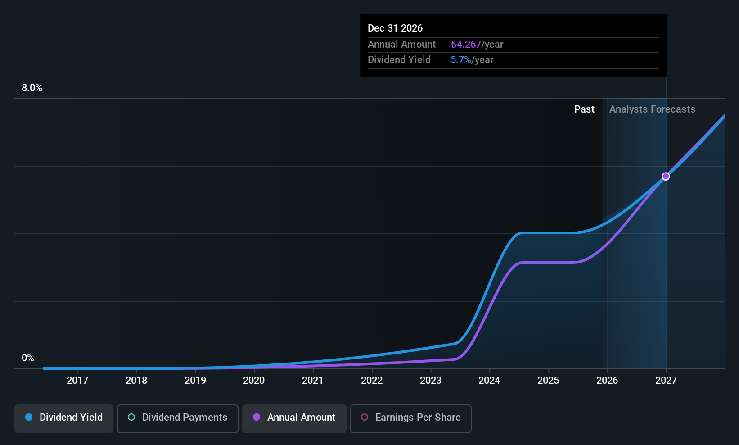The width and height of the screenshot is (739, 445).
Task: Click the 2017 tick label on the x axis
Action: [x=77, y=380]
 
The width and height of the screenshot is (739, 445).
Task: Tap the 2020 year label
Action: [x=254, y=380]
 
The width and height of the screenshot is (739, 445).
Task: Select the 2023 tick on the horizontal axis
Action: [x=431, y=380]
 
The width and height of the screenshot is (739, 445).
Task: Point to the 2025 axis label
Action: [x=548, y=380]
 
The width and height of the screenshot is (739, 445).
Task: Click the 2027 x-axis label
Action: [x=666, y=380]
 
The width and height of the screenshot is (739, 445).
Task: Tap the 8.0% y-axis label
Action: [x=32, y=88]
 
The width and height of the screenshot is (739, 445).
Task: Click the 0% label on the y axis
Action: [x=28, y=358]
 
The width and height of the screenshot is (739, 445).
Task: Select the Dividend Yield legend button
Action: [x=64, y=418]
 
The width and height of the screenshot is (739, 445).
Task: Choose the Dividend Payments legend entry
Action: [x=178, y=418]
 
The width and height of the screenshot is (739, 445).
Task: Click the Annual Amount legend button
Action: [x=294, y=418]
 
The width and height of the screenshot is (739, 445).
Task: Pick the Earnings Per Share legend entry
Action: [x=411, y=418]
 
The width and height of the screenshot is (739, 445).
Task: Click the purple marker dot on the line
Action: [x=666, y=177]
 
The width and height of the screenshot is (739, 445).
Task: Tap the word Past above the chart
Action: [x=584, y=109]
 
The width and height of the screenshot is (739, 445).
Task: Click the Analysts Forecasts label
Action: [x=652, y=109]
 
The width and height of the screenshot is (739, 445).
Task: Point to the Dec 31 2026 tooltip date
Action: [x=395, y=28]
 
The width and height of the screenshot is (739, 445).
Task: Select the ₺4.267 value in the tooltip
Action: [x=466, y=45]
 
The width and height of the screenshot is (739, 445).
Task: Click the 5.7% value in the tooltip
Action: [x=460, y=60]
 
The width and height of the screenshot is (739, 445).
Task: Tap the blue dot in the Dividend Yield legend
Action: [x=29, y=418]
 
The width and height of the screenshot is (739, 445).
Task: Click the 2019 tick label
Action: [x=195, y=380]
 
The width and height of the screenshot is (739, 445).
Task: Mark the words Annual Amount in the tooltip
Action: [x=401, y=45]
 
